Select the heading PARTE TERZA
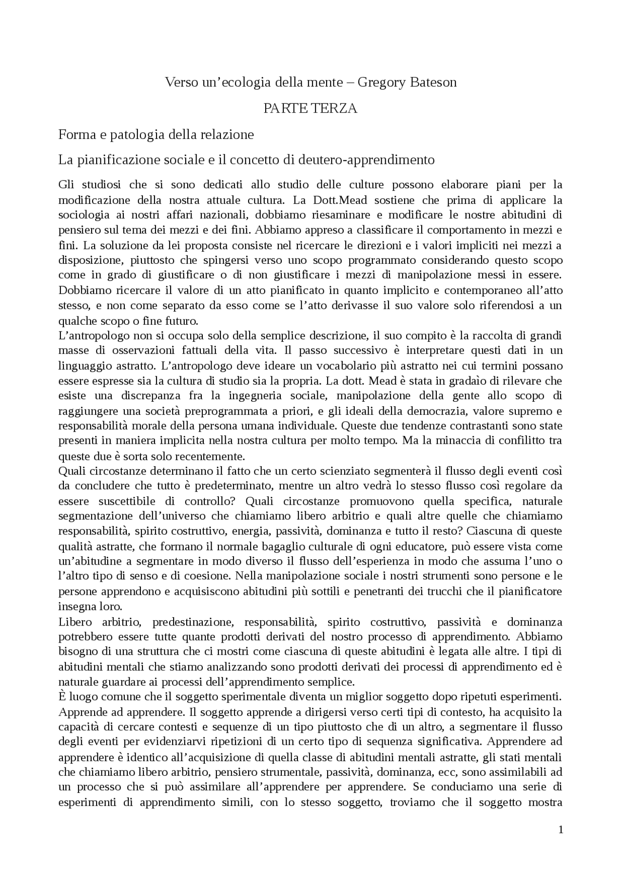click(x=311, y=108)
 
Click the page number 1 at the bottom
click(x=561, y=831)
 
